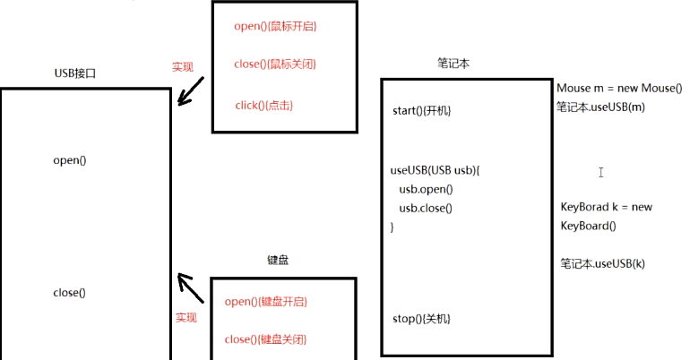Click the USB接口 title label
click(74, 73)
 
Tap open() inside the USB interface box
click(69, 160)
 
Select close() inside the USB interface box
click(69, 293)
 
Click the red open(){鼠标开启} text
click(275, 26)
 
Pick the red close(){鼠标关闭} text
click(275, 64)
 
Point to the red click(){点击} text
click(264, 106)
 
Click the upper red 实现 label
click(183, 67)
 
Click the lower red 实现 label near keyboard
click(185, 317)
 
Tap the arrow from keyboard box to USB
click(191, 287)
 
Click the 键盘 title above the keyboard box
click(278, 261)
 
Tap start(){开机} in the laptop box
click(421, 111)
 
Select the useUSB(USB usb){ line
click(436, 169)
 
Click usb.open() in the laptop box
click(427, 189)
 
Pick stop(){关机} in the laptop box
click(421, 319)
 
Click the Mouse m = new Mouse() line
click(619, 88)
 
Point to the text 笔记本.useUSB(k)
click(602, 263)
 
